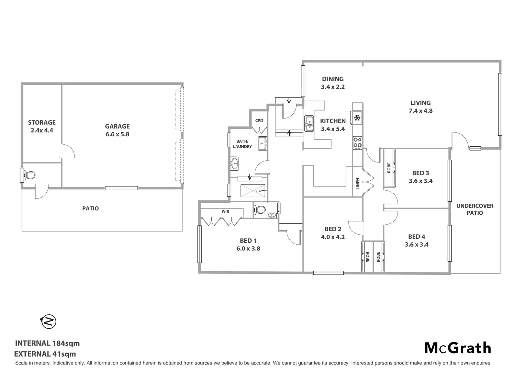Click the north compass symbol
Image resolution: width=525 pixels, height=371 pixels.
48,322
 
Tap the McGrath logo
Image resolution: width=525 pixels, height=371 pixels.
458,348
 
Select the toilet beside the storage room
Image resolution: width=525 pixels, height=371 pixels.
30,175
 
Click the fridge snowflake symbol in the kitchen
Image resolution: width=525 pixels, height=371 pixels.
357,118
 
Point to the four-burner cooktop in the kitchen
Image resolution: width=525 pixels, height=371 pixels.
357,143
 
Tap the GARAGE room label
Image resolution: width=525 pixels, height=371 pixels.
117,126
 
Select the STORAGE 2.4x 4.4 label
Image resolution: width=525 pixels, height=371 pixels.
42,126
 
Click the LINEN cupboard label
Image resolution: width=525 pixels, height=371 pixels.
358,183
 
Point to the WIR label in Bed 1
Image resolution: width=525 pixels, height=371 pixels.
225,212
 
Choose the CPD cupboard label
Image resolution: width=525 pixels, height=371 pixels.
259,121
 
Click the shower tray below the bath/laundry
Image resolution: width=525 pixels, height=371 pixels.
253,190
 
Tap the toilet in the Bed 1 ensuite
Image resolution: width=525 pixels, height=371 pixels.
260,209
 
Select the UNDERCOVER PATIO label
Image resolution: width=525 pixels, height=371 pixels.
474,209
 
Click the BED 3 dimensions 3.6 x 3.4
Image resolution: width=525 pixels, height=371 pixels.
421,181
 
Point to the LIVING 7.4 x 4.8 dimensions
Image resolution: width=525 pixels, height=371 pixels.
421,111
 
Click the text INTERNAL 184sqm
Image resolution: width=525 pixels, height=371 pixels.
47,343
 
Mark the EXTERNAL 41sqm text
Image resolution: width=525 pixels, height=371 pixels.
45,354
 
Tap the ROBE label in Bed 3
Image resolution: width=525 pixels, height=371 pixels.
389,167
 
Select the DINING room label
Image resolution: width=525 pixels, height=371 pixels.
333,79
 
